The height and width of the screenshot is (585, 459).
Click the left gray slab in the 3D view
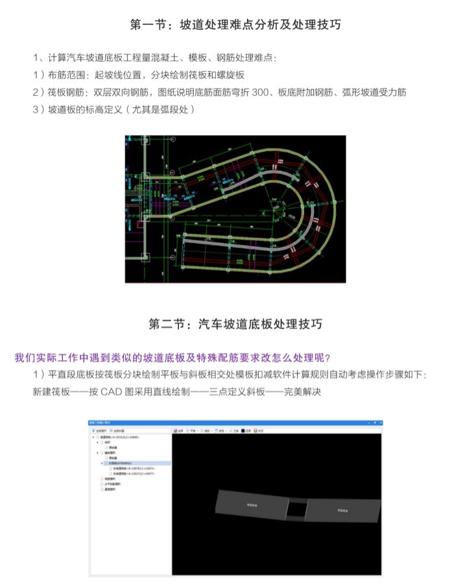click(x=250, y=503)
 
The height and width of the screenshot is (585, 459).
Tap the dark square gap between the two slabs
click(x=296, y=509)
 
